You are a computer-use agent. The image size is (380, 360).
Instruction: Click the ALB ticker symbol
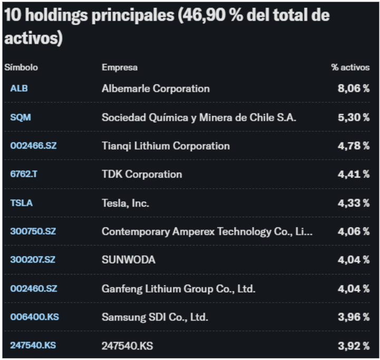[x=19, y=89]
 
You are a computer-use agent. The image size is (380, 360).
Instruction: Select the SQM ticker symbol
[x=21, y=117]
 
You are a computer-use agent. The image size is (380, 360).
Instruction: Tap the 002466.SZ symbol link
[x=33, y=145]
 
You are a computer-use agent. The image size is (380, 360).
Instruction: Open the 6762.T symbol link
[x=24, y=174]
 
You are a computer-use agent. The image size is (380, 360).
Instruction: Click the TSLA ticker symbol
[x=21, y=202]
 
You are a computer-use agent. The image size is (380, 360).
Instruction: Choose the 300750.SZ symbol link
[x=33, y=231]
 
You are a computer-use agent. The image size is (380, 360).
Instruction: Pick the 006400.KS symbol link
[x=33, y=317]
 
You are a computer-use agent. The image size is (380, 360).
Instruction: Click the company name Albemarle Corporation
[x=155, y=89]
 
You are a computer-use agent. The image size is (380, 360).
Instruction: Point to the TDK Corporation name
[x=142, y=174]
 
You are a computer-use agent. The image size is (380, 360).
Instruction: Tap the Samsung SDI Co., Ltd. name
[x=155, y=317]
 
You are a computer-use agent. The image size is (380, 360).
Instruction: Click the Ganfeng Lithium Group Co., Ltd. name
[x=179, y=288]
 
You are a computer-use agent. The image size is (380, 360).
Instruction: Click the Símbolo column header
[x=21, y=67]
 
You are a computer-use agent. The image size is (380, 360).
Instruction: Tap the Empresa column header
[x=120, y=67]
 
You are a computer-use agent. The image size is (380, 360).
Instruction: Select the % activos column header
[x=350, y=67]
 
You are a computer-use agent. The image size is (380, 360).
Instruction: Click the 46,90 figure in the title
[x=201, y=15]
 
